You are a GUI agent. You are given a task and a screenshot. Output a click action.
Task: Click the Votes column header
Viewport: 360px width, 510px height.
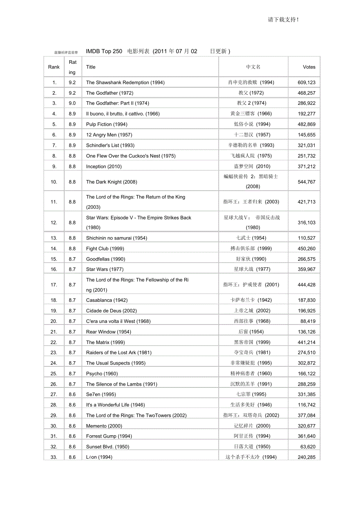(x=309, y=67)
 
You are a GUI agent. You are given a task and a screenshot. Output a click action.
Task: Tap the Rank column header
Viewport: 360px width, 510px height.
(x=54, y=67)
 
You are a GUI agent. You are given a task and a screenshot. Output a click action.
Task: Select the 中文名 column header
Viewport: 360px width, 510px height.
(x=253, y=67)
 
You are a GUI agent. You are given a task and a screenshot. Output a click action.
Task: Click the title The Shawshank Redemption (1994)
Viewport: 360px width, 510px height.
(x=125, y=83)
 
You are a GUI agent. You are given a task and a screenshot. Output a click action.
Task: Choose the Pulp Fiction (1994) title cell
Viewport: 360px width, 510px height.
(x=106, y=124)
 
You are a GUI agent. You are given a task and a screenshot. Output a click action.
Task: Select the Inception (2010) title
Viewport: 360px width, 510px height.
(x=104, y=166)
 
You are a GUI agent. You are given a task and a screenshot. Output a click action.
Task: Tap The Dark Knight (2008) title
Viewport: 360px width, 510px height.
(x=112, y=182)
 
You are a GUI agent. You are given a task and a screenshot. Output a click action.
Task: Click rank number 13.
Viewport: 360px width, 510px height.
(x=54, y=238)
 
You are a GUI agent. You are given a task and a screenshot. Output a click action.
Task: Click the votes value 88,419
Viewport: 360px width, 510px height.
(x=308, y=321)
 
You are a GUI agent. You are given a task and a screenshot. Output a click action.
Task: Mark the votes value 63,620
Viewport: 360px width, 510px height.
(x=308, y=447)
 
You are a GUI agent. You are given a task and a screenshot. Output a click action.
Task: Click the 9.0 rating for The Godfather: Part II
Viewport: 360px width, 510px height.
(x=72, y=103)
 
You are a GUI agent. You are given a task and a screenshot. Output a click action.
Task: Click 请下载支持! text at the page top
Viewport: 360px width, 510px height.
(x=283, y=20)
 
